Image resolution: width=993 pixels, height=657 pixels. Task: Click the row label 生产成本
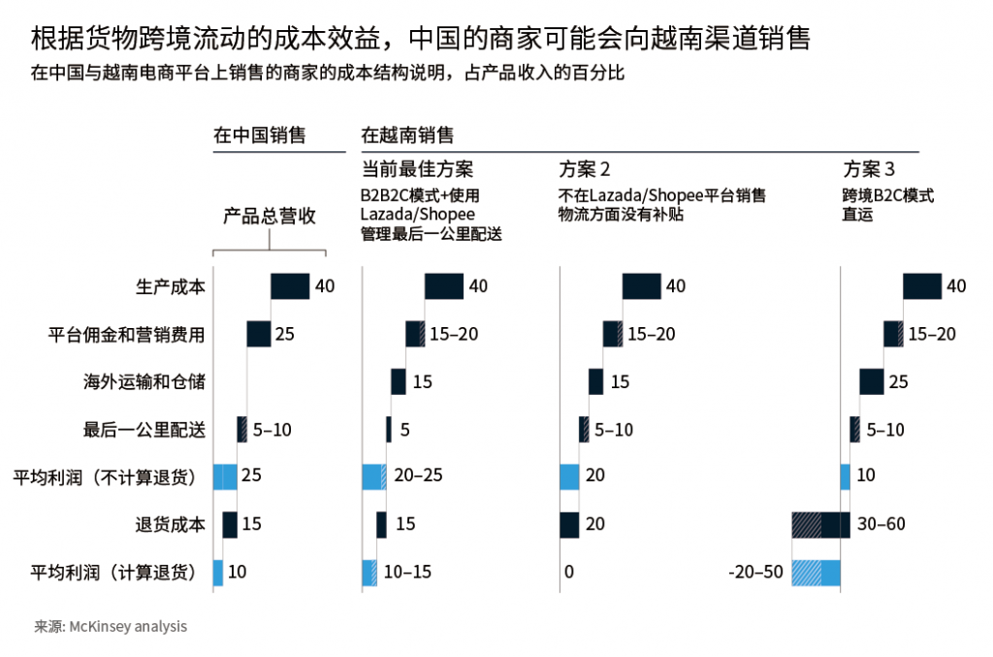point(171,286)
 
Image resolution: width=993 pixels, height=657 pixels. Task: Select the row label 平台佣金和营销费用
point(126,334)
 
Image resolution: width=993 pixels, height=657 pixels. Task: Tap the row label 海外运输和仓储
point(144,381)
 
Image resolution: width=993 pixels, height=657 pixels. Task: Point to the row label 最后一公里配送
point(144,429)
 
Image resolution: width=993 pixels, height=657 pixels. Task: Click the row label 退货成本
point(171,525)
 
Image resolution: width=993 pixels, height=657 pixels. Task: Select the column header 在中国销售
point(259,135)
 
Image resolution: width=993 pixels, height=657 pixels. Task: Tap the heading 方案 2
point(585,167)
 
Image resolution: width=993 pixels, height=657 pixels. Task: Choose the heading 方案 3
point(868,167)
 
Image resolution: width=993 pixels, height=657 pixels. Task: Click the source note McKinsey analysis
point(127,627)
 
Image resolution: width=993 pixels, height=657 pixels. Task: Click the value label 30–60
point(881,525)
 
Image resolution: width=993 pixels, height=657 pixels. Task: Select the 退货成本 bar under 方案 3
point(820,525)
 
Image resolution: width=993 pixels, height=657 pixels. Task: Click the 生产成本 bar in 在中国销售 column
point(290,286)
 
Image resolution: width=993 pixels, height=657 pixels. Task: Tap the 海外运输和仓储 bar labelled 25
point(871,381)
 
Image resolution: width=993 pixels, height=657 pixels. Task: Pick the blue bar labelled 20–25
point(373,477)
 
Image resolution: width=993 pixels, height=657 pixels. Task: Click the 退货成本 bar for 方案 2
point(570,525)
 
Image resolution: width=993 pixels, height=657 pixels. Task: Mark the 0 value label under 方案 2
point(568,573)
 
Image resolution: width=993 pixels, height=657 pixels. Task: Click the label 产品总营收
point(270,216)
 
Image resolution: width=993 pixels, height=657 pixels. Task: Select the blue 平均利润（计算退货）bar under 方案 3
point(816,573)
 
